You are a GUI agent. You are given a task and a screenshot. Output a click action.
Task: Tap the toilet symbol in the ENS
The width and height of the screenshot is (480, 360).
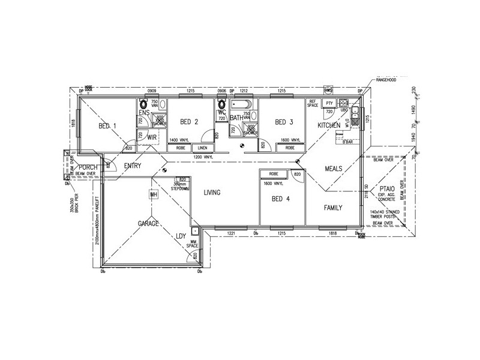click(144, 103)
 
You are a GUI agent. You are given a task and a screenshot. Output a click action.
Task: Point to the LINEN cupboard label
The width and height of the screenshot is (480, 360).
click(202, 148)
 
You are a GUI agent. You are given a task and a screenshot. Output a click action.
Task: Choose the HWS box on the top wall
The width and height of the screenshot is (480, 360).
click(328, 91)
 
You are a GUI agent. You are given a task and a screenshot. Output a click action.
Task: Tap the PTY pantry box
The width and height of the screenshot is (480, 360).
click(329, 103)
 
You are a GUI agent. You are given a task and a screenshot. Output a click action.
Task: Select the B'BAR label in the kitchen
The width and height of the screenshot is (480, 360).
click(347, 142)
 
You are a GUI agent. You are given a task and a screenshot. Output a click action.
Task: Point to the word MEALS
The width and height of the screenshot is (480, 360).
click(334, 169)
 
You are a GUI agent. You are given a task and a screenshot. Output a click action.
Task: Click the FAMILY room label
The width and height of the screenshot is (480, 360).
click(333, 208)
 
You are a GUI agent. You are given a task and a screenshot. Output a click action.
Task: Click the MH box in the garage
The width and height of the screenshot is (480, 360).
click(154, 194)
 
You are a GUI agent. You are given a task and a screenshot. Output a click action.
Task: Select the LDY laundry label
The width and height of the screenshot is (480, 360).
click(181, 236)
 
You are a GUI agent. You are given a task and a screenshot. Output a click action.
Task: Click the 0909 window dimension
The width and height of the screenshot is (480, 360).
click(152, 91)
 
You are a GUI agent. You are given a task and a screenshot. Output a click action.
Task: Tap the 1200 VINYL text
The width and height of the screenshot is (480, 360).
click(203, 157)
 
